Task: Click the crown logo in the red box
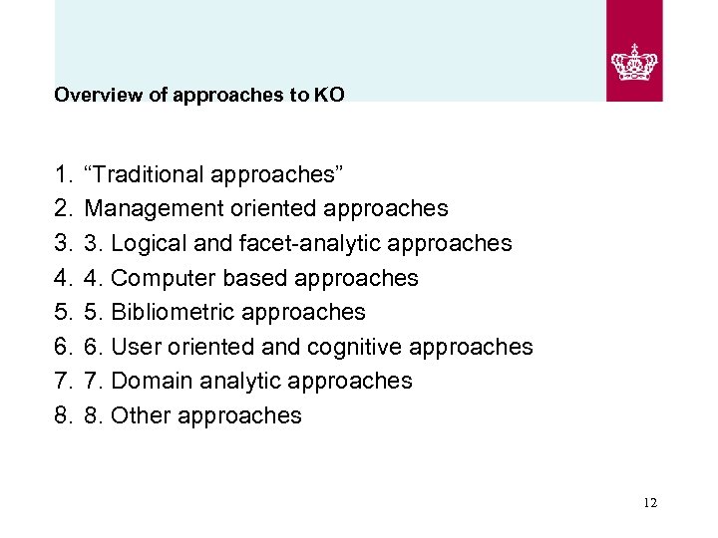634,62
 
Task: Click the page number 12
650,503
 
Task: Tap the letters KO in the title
329,97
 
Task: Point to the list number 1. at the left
63,174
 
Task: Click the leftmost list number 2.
63,209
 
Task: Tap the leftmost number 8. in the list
63,415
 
